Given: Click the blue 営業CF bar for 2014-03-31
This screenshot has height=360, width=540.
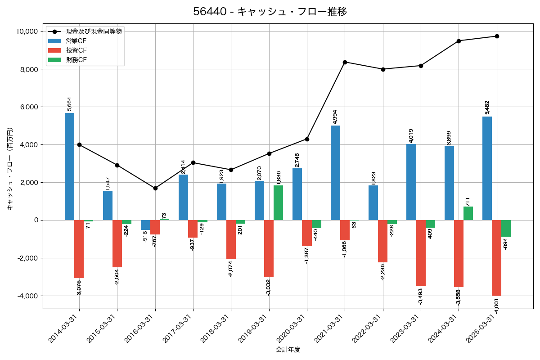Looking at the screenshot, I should click(69, 166).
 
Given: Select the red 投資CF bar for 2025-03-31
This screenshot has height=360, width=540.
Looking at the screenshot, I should click(496, 257).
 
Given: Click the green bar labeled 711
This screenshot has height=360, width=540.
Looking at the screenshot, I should click(468, 213).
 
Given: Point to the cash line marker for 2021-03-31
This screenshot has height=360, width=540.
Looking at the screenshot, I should click(345, 62).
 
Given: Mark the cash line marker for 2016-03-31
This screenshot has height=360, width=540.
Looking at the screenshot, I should click(155, 188).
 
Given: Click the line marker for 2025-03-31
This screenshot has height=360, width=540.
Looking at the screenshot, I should click(497, 36).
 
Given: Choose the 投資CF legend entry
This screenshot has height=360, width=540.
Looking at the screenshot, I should click(76, 50).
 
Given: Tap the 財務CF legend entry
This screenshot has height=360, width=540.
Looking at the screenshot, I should click(76, 60).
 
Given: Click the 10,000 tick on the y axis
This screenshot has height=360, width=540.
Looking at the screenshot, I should click(26, 31).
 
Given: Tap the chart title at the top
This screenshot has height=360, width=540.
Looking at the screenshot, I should click(270, 12).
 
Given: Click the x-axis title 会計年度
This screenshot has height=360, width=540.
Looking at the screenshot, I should click(288, 350).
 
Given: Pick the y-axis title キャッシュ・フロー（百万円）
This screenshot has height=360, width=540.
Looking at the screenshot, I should click(10, 169).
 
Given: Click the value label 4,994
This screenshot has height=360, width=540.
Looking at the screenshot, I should click(335, 117).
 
